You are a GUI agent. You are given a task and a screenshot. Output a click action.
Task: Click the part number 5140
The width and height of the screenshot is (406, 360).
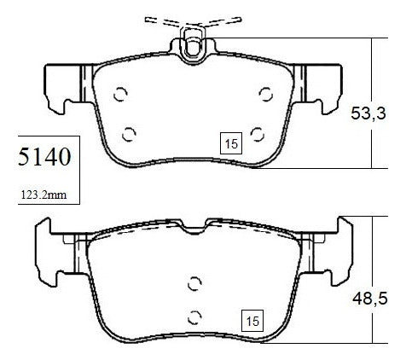pos(44,157)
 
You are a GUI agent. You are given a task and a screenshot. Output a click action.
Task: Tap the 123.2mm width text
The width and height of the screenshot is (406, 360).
pos(43,195)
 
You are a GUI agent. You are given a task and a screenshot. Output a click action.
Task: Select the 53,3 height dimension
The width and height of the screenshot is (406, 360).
pos(368,113)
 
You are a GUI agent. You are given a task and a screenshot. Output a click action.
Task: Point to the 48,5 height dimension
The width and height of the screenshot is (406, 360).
pos(370,299)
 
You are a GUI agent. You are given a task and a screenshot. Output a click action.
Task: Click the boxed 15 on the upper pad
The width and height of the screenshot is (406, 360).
pos(231,143)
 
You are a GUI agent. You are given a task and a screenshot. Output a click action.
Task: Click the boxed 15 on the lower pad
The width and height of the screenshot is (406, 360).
pos(252,321)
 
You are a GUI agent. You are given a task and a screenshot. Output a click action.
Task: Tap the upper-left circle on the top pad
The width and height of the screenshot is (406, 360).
pos(120,94)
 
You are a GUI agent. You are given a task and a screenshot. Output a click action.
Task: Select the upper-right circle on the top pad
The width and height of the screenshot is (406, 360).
pos(266,94)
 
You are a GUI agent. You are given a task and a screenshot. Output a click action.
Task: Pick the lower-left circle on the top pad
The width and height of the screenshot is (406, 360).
pos(129,134)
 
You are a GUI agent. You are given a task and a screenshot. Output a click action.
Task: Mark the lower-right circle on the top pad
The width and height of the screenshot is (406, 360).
pos(258,134)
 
